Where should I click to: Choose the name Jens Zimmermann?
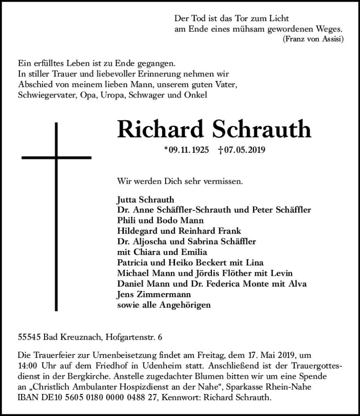[x=147, y=295]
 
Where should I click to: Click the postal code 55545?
[x=28, y=335]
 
